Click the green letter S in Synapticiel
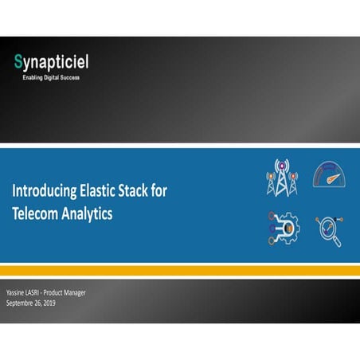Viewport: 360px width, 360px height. pos(18,61)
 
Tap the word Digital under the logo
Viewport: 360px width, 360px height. pos(56,77)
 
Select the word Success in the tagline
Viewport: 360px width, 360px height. pos(73,77)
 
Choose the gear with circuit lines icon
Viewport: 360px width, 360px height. pos(283,228)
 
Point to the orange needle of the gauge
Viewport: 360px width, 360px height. pos(331,176)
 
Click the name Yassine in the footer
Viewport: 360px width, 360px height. pos(18,293)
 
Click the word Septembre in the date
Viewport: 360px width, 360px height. pos(22,303)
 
